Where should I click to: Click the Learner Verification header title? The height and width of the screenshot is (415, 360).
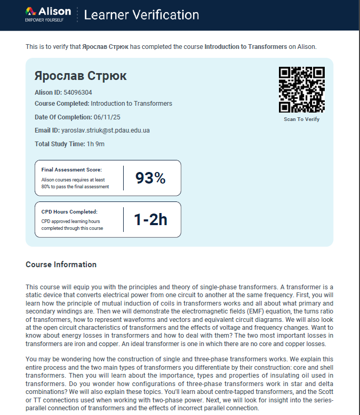pos(138,15)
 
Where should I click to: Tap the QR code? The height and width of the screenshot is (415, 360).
pos(302,89)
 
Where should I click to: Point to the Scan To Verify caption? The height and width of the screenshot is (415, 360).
pos(302,119)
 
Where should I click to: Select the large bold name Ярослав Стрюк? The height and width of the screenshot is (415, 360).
pos(81,76)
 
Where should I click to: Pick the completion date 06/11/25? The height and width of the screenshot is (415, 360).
pos(107,117)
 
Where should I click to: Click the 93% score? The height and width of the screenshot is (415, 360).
pos(151,178)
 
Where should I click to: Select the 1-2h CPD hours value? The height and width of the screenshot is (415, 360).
pos(151,219)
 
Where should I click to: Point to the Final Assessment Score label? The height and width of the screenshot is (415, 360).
pos(72,170)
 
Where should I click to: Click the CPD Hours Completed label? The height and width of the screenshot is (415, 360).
pos(69,211)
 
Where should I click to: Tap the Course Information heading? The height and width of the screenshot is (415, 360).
pos(61,265)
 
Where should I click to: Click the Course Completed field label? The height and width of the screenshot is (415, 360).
pos(62,104)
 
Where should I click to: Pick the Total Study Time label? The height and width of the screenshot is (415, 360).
pos(60,144)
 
